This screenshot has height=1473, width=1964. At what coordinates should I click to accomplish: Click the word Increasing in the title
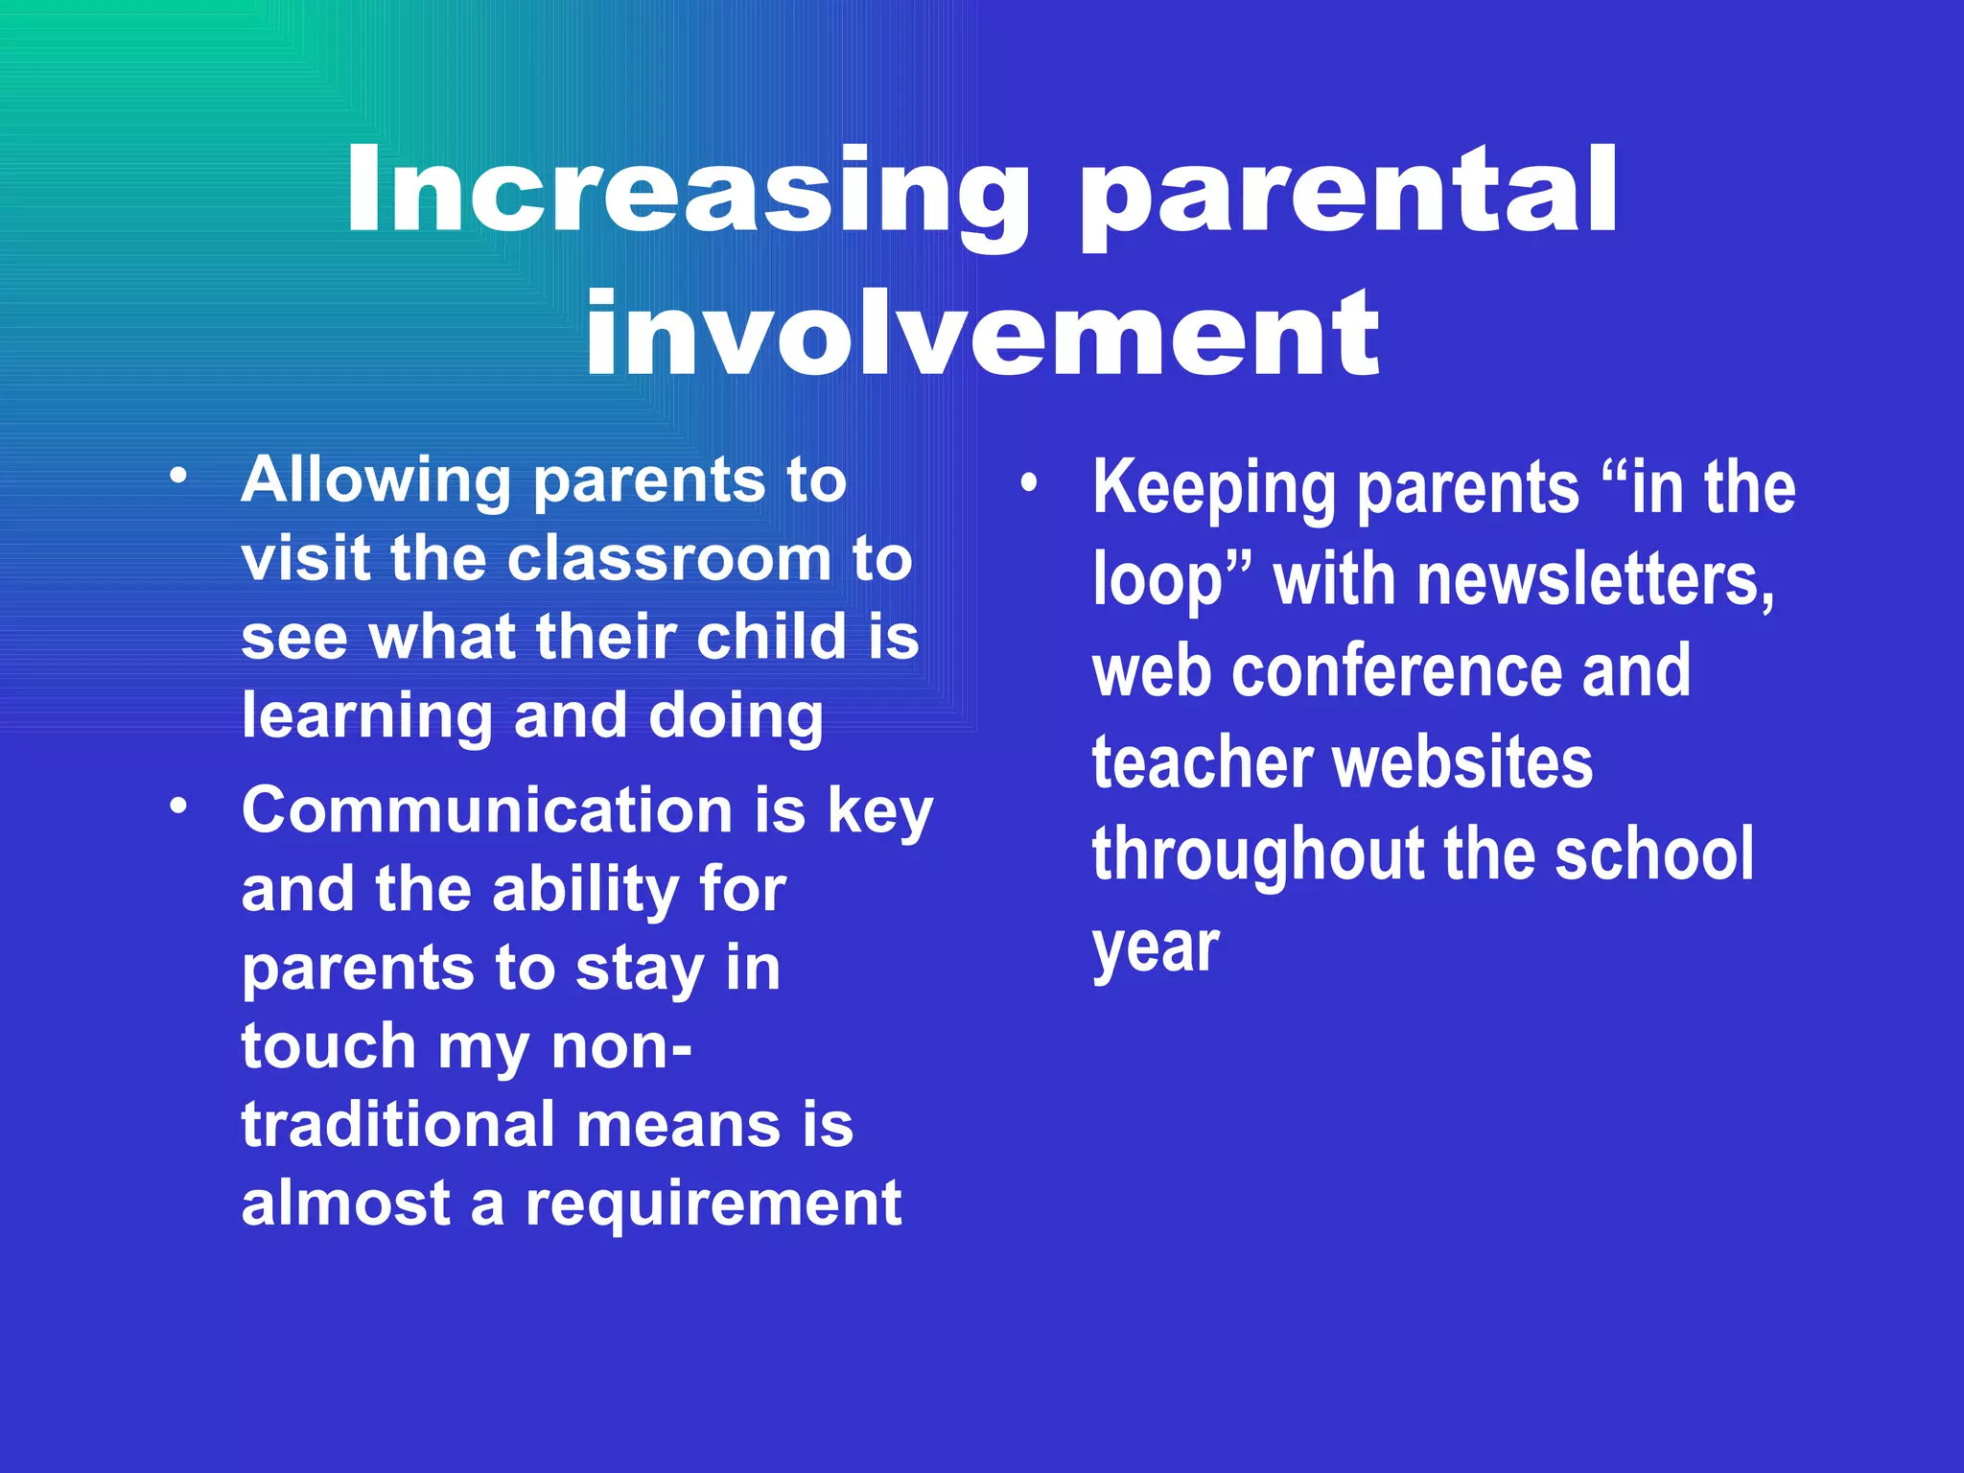click(x=687, y=192)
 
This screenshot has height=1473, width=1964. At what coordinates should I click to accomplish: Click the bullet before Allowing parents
click(x=177, y=477)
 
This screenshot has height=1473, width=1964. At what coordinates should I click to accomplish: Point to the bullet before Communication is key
click(x=177, y=807)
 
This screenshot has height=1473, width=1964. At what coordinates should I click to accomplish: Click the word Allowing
click(x=376, y=479)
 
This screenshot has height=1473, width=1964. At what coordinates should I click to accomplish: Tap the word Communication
click(x=487, y=810)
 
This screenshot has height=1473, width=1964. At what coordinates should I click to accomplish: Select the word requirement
click(x=713, y=1204)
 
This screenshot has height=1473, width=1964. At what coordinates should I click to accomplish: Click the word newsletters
click(x=1595, y=580)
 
